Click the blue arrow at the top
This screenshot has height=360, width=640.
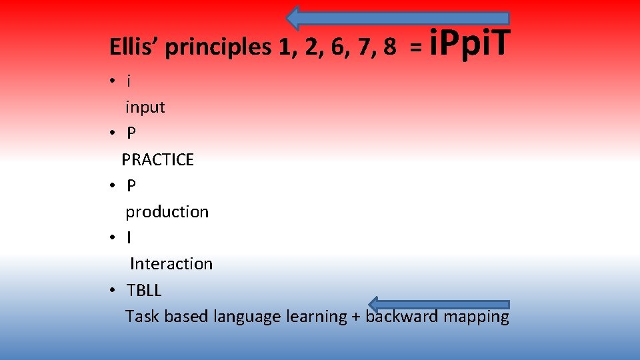(398, 17)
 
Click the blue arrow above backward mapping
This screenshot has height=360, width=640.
(439, 305)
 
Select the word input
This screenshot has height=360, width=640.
(145, 107)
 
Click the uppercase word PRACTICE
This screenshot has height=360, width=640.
(157, 160)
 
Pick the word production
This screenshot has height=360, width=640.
(167, 212)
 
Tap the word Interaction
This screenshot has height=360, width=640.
(171, 264)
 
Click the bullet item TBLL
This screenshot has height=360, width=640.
(144, 291)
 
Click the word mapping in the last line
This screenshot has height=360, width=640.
(476, 317)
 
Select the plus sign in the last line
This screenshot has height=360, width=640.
(356, 317)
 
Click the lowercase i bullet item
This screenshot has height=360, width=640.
(129, 81)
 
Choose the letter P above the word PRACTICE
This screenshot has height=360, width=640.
(131, 133)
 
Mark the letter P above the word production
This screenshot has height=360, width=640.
(131, 185)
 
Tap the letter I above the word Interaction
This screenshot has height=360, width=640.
(129, 237)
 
